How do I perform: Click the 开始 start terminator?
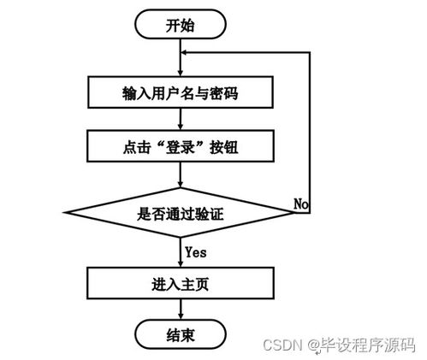pos(181,25)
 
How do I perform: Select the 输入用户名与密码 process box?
pos(180,91)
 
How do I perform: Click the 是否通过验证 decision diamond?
pos(180,210)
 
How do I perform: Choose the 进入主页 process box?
pos(180,282)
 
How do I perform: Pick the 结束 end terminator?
pos(180,333)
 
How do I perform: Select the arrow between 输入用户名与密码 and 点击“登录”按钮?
pos(181,119)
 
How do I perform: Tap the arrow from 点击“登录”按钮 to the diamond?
pos(181,174)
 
